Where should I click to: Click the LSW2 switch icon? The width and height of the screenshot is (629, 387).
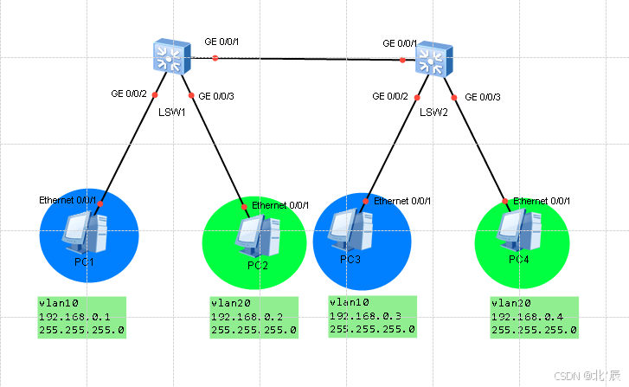click(x=431, y=61)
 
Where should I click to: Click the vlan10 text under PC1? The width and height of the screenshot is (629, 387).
click(x=58, y=304)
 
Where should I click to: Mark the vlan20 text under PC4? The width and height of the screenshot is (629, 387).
click(x=510, y=303)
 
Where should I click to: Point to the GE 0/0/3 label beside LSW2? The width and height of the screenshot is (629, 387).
click(x=483, y=97)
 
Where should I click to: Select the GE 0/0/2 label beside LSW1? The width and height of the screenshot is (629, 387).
click(x=130, y=94)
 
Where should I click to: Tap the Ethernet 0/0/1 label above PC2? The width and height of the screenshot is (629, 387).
click(x=280, y=205)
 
